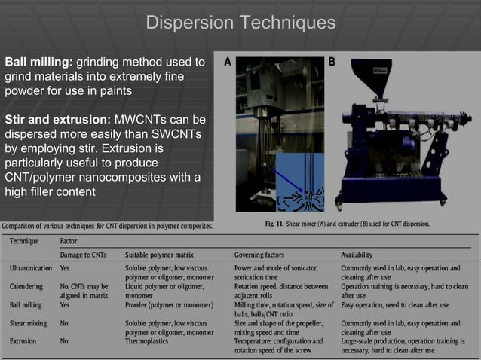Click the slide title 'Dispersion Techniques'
[240, 23]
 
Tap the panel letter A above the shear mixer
[227, 63]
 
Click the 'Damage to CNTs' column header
[84, 255]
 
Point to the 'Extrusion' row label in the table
[25, 340]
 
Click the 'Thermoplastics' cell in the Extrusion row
[150, 340]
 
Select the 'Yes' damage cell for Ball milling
[66, 304]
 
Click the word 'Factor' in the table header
[69, 241]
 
